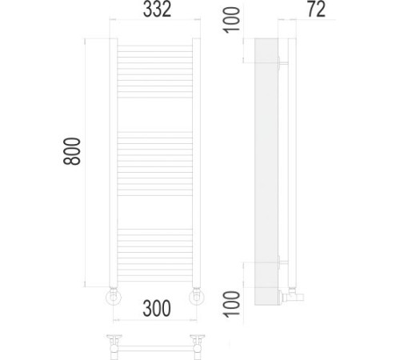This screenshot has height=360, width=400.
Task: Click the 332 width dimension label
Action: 157,10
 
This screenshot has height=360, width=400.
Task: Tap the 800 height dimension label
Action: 72,151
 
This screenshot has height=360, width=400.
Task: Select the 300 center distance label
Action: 157,308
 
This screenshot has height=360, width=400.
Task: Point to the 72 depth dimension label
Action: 317,10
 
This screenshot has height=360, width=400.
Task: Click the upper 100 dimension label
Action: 231,20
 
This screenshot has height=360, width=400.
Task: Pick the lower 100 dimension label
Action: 231,304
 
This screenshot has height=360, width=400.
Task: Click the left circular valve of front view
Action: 114,297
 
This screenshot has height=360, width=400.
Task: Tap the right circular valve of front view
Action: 197,297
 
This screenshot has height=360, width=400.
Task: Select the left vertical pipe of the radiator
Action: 114,162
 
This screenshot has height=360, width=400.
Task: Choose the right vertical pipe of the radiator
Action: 196,162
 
